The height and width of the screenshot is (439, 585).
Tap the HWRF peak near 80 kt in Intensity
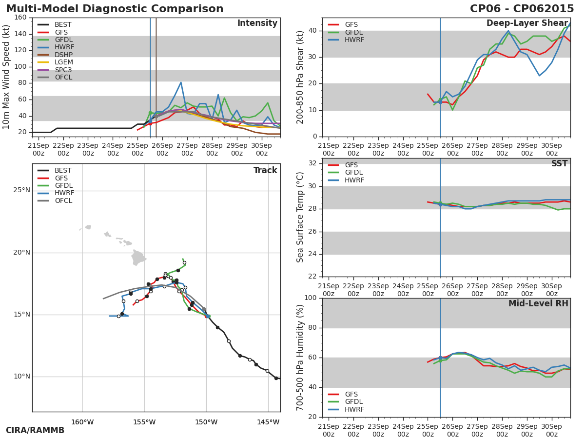point(181,82)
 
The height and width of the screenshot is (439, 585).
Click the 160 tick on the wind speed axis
point(20,18)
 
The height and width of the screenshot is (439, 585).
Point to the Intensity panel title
point(257,23)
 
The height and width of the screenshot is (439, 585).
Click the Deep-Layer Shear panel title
point(527,23)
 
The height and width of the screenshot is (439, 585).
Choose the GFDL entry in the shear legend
point(353,32)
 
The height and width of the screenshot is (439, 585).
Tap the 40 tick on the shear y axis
point(312,31)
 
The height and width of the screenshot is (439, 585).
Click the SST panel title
point(559,164)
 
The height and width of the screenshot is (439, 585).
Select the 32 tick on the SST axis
point(312,163)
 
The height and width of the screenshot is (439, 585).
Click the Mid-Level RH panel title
point(538,304)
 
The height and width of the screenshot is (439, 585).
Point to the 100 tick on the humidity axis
point(311,298)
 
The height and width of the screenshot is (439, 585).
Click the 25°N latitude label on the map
point(21,190)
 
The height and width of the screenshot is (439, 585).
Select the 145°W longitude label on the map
point(268,422)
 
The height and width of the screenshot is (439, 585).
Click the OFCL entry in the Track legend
point(63,200)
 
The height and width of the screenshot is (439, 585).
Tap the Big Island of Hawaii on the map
point(138,258)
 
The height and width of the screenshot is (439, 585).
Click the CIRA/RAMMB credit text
point(35,431)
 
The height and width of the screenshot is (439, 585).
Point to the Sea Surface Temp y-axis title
point(300,218)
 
